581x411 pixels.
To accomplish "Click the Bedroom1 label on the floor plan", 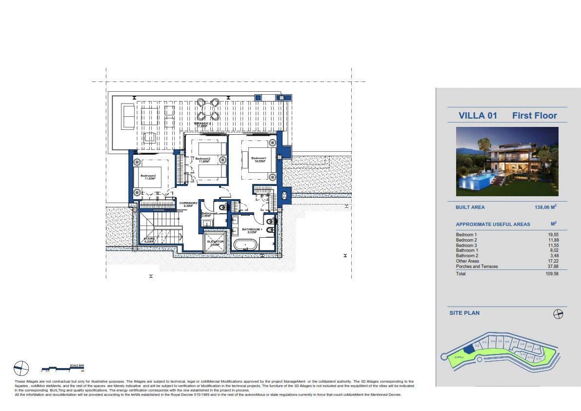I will click(259, 159).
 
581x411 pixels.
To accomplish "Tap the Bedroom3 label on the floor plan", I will click(148, 177).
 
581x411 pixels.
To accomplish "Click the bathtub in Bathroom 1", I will click(245, 244).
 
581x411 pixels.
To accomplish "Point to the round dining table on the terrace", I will click(208, 109).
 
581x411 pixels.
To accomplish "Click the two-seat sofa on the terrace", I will click(128, 116).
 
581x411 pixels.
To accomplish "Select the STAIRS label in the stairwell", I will click(149, 240).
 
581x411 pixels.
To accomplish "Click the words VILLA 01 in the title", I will click(478, 116).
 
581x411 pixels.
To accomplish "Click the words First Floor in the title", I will click(534, 116).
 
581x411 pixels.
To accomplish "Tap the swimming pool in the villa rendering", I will click(476, 182).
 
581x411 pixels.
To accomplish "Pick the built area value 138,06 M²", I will click(545, 207).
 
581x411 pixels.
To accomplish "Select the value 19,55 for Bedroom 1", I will click(553, 235).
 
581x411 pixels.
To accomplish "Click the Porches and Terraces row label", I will click(477, 267).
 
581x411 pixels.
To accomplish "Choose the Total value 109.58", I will click(552, 274).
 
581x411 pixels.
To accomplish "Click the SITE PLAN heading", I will click(464, 313).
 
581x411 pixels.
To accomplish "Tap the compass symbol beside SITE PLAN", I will click(558, 314).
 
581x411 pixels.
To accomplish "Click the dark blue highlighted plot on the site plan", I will click(468, 348).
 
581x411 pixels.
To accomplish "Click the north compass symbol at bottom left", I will click(21, 368).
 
